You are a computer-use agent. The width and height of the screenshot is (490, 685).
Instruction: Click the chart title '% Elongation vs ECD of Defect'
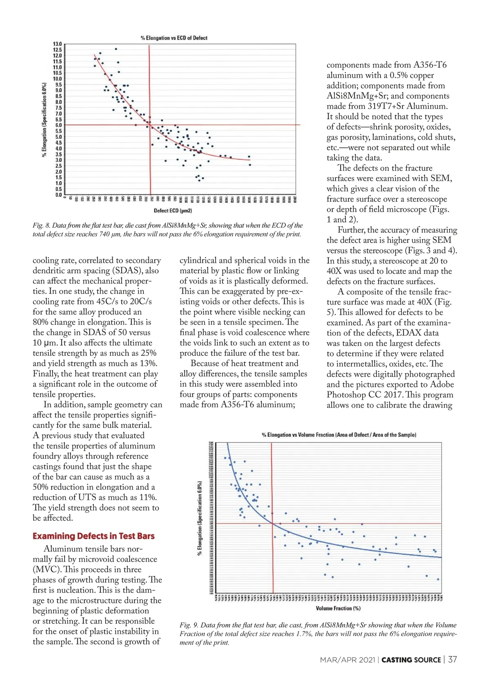(174, 38)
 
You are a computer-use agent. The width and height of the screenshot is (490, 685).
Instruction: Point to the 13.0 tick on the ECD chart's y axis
(57, 44)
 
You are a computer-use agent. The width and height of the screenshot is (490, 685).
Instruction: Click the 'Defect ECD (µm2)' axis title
(173, 211)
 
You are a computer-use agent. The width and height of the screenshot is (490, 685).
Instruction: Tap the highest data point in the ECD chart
(116, 49)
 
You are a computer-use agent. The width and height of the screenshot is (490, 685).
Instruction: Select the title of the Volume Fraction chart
(339, 435)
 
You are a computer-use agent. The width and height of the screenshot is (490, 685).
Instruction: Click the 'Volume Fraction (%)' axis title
(338, 608)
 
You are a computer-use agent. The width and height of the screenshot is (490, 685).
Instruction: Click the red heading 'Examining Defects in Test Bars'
(94, 536)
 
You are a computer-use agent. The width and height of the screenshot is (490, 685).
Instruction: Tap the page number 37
(452, 660)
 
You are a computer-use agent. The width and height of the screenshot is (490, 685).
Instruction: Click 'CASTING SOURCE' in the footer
(411, 660)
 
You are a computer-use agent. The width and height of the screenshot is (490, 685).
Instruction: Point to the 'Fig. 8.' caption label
(42, 225)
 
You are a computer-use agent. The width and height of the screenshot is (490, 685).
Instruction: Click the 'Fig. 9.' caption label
(189, 625)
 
